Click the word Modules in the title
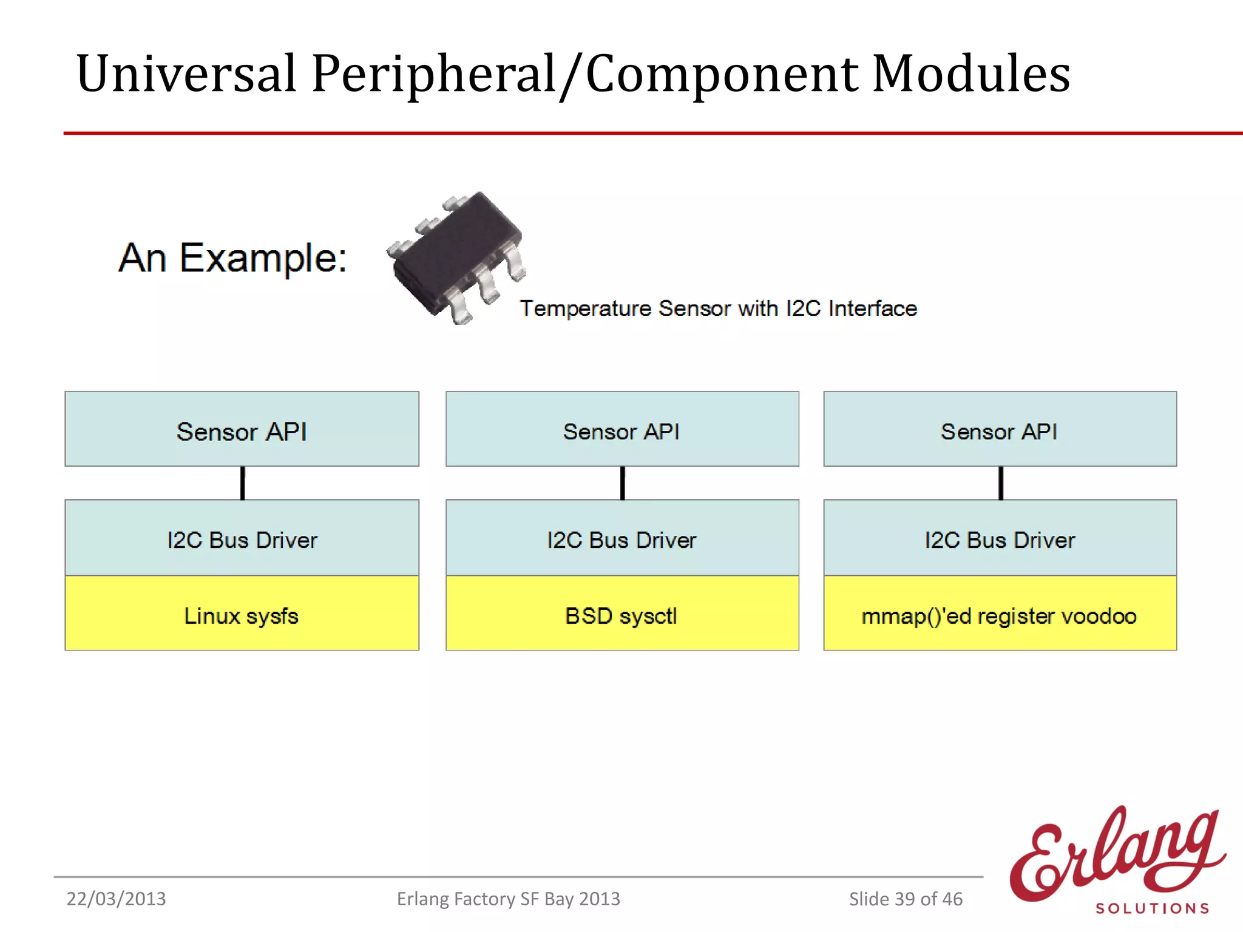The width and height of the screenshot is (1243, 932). [x=971, y=74]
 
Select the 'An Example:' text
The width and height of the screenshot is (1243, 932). [x=232, y=258]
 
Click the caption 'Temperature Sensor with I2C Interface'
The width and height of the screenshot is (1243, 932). [x=718, y=308]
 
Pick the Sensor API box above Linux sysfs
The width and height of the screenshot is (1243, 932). [x=242, y=430]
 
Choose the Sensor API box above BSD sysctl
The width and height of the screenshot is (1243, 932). [x=622, y=430]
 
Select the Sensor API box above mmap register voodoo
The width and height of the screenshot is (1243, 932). [x=1000, y=430]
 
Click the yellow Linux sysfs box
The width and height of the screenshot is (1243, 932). [x=242, y=614]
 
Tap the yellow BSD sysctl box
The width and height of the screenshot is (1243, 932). [x=622, y=614]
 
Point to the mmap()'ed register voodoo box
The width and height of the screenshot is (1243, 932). [x=1000, y=614]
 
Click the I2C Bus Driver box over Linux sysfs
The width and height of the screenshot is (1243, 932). [x=242, y=538]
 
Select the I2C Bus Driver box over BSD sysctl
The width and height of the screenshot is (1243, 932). [x=622, y=538]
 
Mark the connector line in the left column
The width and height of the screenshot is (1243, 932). [x=243, y=483]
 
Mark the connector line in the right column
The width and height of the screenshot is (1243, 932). [x=1001, y=483]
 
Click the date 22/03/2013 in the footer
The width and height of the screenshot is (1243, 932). [x=116, y=899]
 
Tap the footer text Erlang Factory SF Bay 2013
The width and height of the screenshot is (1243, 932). [x=508, y=899]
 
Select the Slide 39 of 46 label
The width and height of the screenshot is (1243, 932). [x=906, y=899]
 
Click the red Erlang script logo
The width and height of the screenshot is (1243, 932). [x=1117, y=856]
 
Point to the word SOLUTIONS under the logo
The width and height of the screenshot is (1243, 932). [x=1152, y=908]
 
